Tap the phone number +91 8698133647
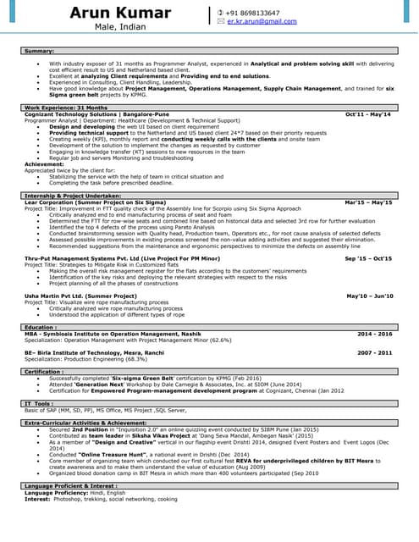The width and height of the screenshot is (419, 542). (253, 13)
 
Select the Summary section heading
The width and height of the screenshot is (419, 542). (40, 52)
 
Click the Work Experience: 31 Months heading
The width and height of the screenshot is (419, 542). (66, 108)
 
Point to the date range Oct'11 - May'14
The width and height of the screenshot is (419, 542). (368, 113)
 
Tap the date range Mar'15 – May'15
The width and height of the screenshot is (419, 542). (369, 202)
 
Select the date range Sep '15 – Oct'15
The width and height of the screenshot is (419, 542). (368, 257)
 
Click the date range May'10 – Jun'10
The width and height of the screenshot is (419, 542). (370, 296)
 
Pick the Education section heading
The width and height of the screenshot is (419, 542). (41, 327)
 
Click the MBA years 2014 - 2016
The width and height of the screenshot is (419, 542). (375, 334)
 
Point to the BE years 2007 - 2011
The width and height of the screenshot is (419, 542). (375, 351)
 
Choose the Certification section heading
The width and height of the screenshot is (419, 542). (44, 371)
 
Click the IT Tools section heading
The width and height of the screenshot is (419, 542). (40, 403)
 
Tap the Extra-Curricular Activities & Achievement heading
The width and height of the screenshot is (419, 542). (85, 422)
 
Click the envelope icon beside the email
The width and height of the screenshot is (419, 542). (221, 21)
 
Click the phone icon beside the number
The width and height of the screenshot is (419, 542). (221, 13)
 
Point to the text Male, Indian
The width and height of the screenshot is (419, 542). (119, 28)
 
